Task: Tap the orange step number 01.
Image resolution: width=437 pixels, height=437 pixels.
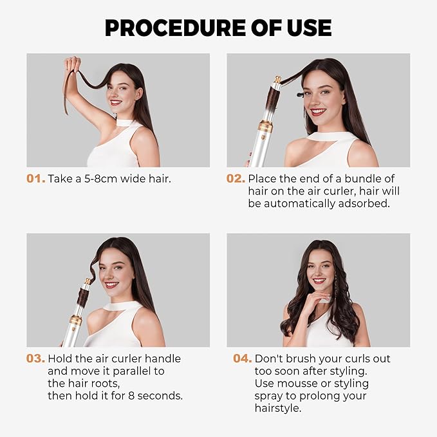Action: tap(35, 178)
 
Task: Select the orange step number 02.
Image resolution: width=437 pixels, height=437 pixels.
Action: tap(236, 178)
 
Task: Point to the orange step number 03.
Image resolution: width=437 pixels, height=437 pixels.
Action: tap(35, 358)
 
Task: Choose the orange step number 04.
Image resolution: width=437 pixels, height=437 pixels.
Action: tap(242, 358)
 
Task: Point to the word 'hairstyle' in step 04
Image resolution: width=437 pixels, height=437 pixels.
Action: tap(279, 408)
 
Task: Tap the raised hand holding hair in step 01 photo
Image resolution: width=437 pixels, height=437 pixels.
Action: tap(72, 65)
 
